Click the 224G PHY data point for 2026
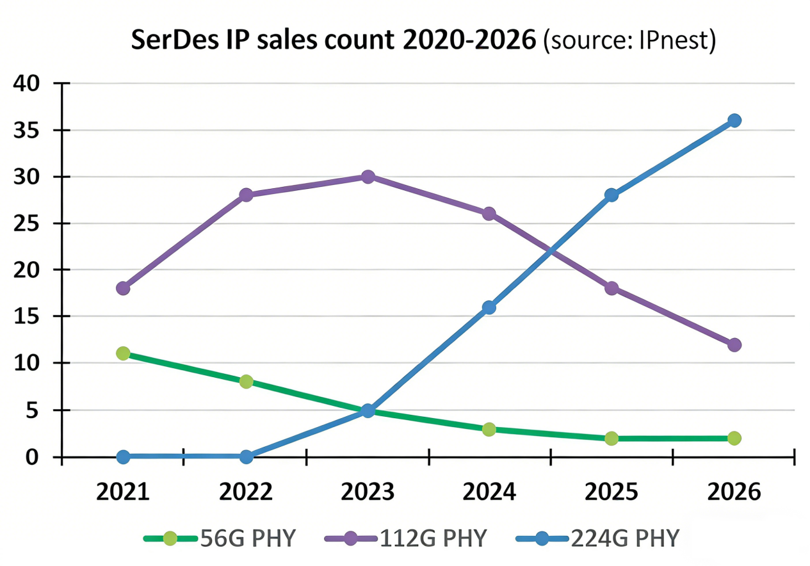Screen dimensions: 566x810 (x=734, y=120)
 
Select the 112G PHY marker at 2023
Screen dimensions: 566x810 (x=368, y=177)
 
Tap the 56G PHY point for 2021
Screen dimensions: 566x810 (x=123, y=353)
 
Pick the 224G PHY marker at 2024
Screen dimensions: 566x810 (x=489, y=307)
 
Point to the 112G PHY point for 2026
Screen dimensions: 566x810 (x=734, y=344)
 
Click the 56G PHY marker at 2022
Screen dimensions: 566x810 (x=246, y=382)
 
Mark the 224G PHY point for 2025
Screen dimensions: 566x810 (x=612, y=195)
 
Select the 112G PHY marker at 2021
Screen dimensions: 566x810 (x=123, y=288)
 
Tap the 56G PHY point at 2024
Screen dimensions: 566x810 (x=489, y=429)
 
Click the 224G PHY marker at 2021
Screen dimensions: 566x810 (x=123, y=457)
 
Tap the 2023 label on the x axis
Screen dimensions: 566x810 (x=368, y=492)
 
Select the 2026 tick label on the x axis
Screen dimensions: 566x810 (x=734, y=492)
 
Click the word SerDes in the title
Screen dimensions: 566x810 (x=169, y=40)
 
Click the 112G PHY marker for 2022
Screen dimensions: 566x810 (x=246, y=195)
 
